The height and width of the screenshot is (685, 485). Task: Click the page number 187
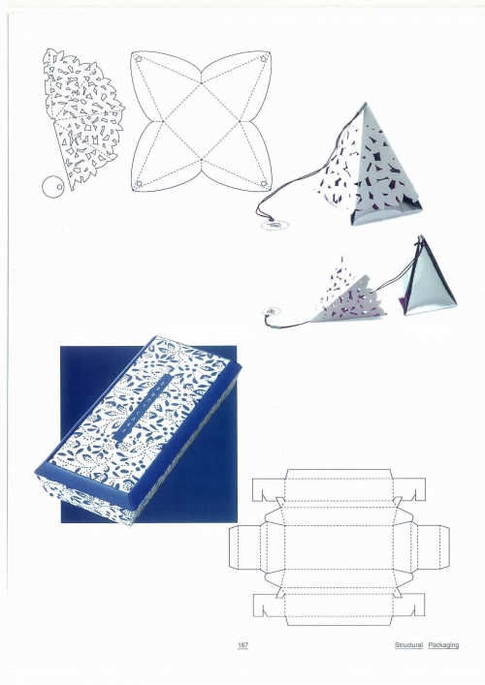243,645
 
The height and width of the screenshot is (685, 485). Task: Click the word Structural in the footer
409,645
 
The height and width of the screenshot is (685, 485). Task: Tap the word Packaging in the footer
443,645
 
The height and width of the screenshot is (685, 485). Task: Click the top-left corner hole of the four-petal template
139,58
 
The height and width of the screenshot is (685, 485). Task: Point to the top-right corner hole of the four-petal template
264,58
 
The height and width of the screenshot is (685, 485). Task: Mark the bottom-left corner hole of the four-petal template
139,183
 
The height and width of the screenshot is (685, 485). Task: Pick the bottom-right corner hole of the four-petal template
264,183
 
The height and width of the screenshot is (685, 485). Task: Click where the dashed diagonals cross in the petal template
201,121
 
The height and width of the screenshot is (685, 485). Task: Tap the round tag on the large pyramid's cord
275,225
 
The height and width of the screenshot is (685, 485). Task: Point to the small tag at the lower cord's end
270,311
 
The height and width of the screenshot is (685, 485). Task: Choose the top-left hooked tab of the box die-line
268,489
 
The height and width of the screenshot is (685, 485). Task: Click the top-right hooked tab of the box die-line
410,489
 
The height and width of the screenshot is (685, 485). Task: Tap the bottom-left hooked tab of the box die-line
268,605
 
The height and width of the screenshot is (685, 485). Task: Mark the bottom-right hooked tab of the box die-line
410,605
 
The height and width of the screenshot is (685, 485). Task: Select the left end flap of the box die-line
244,547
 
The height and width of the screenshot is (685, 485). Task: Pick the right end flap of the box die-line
434,547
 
